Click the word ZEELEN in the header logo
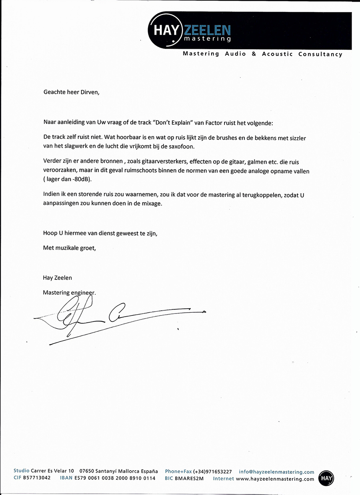pos(207,31)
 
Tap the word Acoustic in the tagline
pos(277,54)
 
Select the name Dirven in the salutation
pos(89,92)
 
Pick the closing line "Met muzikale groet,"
pos(70,248)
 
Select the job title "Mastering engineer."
pos(69,292)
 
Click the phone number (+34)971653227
pos(212,472)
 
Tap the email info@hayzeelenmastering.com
pos(276,472)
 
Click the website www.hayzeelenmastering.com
pos(275,479)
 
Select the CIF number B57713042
pos(37,478)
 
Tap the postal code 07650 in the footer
pos(87,472)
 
